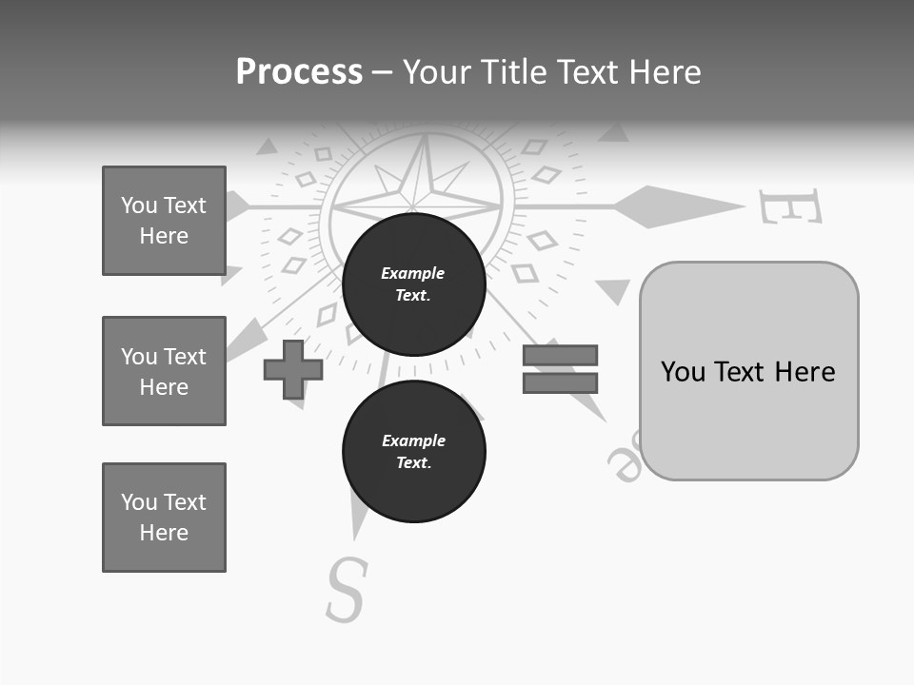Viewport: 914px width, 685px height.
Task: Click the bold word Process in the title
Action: coord(299,72)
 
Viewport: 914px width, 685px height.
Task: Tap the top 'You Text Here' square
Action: coord(164,221)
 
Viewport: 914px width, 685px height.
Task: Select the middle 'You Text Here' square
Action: coord(164,371)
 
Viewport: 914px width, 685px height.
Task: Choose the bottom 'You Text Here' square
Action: coord(164,518)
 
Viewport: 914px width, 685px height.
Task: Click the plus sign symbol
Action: coord(293,369)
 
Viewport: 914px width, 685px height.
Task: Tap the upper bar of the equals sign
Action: coord(560,355)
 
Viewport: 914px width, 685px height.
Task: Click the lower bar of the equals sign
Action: coord(560,382)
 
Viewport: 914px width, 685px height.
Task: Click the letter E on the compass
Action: coord(790,206)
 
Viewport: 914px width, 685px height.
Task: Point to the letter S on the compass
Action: coord(347,589)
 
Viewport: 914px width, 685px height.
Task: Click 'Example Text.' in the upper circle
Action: coord(413,284)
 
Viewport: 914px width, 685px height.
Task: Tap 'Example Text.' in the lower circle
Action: coord(413,451)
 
